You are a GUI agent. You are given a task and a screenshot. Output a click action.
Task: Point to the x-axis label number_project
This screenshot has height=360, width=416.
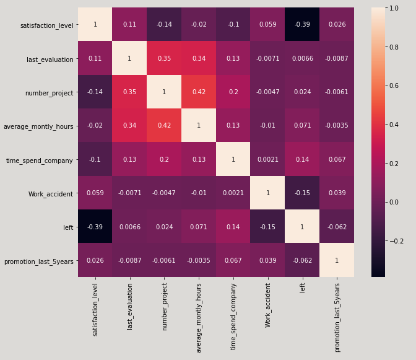[165, 306]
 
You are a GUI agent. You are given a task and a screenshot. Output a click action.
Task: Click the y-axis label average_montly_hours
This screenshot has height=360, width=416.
[38, 126]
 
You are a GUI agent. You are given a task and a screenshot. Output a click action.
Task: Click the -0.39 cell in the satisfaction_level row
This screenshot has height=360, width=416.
[303, 25]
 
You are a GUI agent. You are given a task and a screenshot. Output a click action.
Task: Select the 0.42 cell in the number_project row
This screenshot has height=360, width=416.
[199, 92]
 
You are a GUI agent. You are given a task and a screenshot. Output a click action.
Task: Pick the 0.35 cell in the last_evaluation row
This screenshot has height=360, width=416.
[165, 59]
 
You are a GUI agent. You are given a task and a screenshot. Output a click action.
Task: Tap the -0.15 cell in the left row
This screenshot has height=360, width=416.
[268, 227]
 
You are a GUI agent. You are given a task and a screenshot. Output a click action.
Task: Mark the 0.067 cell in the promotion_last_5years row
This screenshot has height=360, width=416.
[233, 260]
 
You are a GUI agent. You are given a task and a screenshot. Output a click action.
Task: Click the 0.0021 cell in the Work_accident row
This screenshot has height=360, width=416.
[233, 193]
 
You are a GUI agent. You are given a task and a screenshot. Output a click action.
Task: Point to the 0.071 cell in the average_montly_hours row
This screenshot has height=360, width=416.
[303, 126]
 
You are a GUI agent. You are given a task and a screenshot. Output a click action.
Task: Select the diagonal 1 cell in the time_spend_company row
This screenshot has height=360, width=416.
[233, 159]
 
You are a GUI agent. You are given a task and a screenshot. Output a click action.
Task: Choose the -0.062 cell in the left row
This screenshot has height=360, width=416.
[337, 227]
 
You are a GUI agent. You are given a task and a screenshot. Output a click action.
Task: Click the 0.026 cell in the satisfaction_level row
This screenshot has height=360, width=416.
[337, 25]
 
